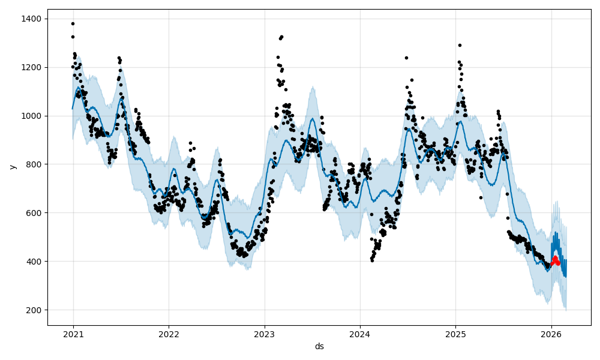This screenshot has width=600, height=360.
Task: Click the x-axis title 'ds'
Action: (x=319, y=346)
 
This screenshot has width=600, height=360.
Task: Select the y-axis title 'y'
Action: (x=11, y=167)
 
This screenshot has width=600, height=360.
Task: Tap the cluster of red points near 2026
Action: (x=556, y=261)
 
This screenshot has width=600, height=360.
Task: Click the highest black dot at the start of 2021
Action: (x=73, y=23)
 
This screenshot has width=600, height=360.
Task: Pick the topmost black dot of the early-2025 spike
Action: (x=460, y=45)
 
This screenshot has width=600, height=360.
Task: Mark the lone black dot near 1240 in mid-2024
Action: (x=406, y=58)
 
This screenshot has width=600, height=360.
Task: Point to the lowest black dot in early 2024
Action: (x=372, y=260)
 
